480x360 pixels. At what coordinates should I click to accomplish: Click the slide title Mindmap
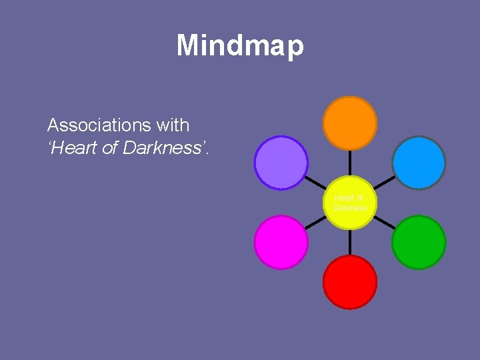coord(240,46)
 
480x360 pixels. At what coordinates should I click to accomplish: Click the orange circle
coord(350,123)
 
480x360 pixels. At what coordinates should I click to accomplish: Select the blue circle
coord(419,162)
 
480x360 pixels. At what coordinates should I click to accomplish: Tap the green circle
coord(419,242)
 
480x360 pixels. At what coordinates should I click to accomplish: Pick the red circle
coord(350,282)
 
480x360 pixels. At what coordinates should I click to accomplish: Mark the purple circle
coord(281,162)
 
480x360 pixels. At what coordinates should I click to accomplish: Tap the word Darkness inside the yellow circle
coord(350,207)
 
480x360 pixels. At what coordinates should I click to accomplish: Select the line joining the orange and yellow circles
coord(350,163)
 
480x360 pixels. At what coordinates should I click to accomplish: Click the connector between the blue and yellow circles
coord(383,182)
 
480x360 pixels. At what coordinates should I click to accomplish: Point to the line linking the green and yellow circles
coord(384,222)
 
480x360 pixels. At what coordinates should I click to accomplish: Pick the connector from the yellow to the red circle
coord(350,242)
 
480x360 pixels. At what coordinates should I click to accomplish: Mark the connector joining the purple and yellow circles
coord(315,182)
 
